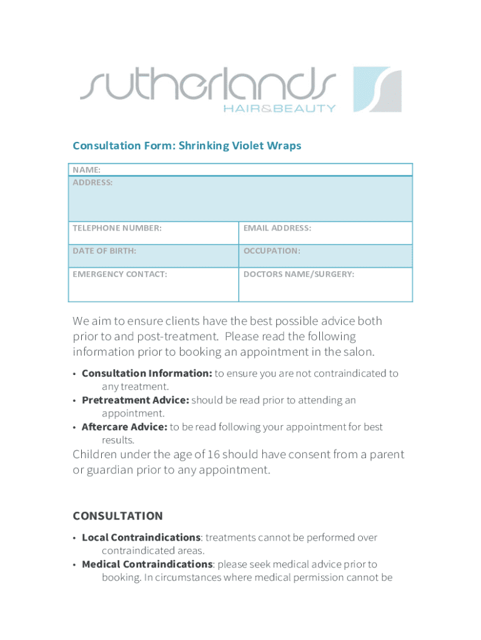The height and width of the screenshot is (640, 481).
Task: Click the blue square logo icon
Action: pyautogui.click(x=377, y=89)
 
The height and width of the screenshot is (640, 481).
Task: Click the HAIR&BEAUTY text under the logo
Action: pyautogui.click(x=279, y=108)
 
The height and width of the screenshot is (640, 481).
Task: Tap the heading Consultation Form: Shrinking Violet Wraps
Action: pyautogui.click(x=187, y=146)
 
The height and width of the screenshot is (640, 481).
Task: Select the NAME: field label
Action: pyautogui.click(x=87, y=169)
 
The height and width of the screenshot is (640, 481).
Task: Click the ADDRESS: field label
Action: pyautogui.click(x=93, y=182)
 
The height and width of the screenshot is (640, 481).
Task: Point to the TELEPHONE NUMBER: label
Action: pyautogui.click(x=117, y=228)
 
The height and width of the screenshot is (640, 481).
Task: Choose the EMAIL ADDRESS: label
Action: pyautogui.click(x=277, y=228)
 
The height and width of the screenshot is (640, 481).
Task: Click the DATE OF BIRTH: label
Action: pyautogui.click(x=104, y=251)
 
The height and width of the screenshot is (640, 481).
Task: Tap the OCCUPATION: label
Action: pyautogui.click(x=272, y=251)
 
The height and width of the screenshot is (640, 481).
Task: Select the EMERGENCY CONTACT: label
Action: pyautogui.click(x=120, y=274)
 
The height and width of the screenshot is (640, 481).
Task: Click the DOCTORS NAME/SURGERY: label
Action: pyautogui.click(x=299, y=274)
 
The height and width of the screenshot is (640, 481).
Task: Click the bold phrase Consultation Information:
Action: pyautogui.click(x=147, y=373)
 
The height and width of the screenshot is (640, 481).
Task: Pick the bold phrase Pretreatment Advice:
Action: pyautogui.click(x=135, y=400)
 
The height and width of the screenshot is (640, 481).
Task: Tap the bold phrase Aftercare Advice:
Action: pyautogui.click(x=124, y=427)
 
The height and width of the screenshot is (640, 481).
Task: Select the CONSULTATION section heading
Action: pyautogui.click(x=117, y=516)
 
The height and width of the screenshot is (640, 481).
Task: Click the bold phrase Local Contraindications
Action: pyautogui.click(x=141, y=537)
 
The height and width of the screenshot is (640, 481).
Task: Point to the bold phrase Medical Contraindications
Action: pyautogui.click(x=147, y=564)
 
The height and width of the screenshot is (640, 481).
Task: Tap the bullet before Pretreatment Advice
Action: pyautogui.click(x=75, y=401)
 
